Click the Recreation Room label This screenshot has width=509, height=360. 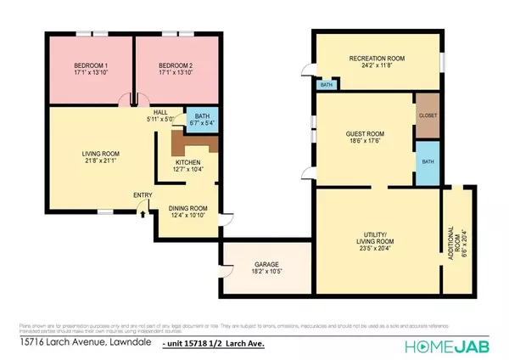[x=378, y=58]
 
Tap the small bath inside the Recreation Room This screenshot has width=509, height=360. [x=326, y=85]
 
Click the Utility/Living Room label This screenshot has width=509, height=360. [x=378, y=237]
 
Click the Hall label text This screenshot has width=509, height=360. [x=160, y=112]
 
